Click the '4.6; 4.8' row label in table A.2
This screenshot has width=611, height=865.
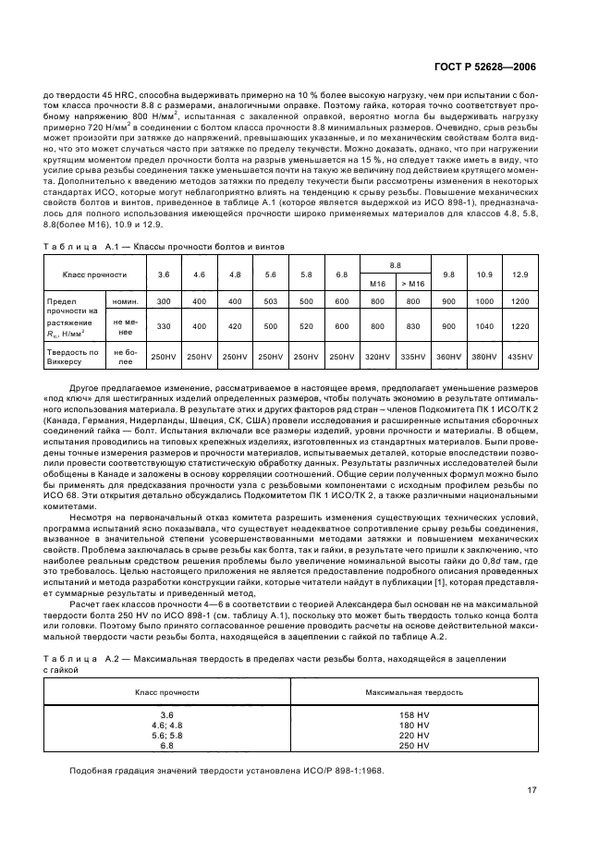(x=167, y=725)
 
